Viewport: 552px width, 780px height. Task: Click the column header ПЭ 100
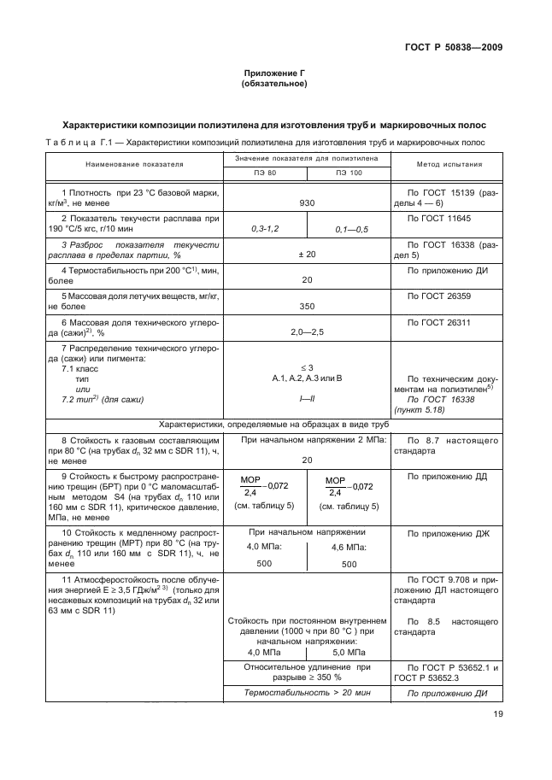(x=349, y=173)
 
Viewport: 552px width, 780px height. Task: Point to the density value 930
(x=307, y=204)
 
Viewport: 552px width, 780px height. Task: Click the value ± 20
(x=307, y=255)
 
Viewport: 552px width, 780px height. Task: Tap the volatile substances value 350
(x=307, y=305)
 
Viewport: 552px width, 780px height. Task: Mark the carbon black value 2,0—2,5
(x=307, y=331)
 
